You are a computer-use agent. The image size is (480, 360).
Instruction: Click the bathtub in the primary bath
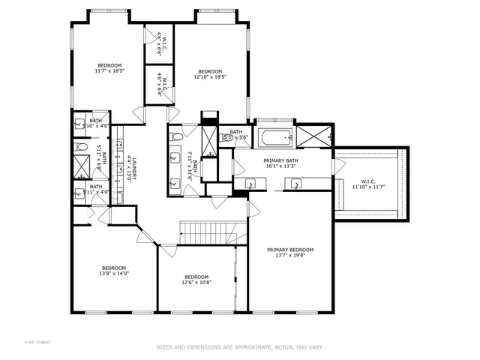point(275,138)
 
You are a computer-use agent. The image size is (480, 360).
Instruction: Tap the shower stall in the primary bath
point(313,137)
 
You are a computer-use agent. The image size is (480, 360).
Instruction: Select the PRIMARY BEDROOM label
point(291,253)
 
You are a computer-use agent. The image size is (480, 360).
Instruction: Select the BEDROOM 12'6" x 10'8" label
point(196,279)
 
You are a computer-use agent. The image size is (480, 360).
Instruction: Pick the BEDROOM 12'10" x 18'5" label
point(210,73)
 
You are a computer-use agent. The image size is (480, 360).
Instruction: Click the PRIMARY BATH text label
point(281,163)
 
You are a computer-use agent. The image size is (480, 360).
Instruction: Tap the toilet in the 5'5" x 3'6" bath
point(227,137)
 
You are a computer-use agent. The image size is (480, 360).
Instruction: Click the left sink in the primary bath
point(248,182)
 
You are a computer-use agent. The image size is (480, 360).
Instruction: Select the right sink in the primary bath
point(297,182)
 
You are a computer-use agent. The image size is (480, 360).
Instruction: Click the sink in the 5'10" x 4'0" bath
point(79,124)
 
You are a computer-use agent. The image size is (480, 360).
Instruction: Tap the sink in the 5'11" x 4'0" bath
point(79,192)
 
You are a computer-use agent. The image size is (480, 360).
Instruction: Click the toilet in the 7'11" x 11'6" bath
point(177,137)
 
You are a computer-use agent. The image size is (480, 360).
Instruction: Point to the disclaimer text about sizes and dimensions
point(239,347)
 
